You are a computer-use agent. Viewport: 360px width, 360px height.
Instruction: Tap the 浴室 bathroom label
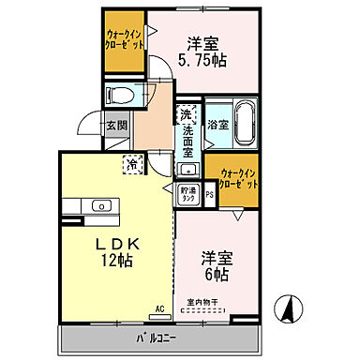(217, 123)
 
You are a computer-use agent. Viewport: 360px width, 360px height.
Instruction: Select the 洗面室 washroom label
(187, 133)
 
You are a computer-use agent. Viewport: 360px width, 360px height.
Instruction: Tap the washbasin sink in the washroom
(187, 170)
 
